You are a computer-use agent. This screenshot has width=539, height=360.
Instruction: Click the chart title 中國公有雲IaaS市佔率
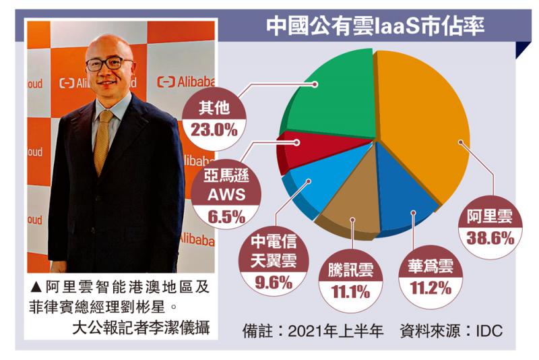(375, 26)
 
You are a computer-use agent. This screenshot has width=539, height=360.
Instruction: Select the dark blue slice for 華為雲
(398, 189)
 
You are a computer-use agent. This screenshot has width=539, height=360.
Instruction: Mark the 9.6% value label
(274, 282)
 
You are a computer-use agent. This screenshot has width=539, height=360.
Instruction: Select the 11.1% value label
(350, 292)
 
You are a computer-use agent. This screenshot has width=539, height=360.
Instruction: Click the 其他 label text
(214, 110)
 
